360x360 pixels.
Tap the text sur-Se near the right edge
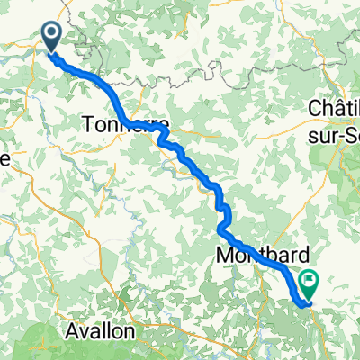click(334, 130)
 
